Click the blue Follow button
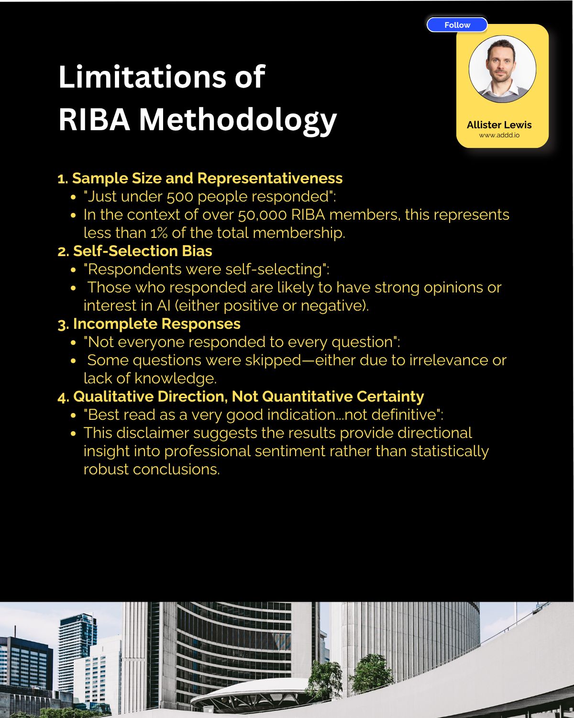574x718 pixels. coord(457,25)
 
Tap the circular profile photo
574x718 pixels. coord(502,69)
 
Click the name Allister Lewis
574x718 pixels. coord(499,125)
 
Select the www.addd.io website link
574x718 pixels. coord(499,135)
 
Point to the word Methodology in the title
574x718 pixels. coord(238,119)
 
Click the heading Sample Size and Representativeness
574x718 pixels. coord(207,179)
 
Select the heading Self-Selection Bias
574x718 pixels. coord(142,251)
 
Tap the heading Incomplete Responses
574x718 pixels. coord(156,324)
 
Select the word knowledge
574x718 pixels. coord(175,379)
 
